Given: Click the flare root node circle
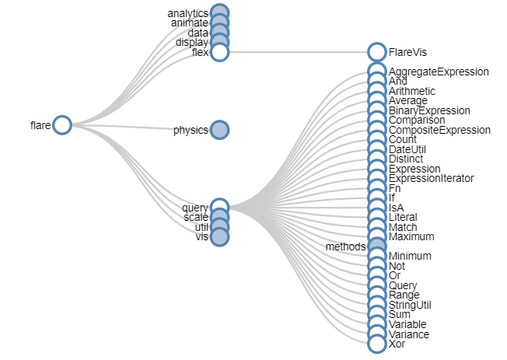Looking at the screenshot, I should (62, 125).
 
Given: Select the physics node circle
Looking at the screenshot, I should (220, 130).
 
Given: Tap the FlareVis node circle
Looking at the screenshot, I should (376, 52).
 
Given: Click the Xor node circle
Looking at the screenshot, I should (376, 344).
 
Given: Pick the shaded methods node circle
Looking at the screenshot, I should (376, 246).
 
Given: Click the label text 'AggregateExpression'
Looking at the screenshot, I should (439, 72).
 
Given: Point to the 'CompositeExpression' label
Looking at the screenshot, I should (439, 130).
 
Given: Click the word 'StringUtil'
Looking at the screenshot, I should (410, 305).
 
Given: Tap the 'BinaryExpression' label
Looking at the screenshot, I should (429, 110).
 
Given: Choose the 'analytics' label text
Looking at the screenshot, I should (188, 13).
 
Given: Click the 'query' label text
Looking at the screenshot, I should (195, 208).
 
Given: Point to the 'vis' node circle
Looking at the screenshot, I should (220, 236).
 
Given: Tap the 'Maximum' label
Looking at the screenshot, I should (411, 236).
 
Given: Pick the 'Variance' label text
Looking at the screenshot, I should (409, 334).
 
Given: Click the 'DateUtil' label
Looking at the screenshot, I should (407, 149).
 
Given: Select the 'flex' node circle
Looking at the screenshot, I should (220, 52).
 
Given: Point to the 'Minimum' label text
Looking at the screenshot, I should (410, 256).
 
